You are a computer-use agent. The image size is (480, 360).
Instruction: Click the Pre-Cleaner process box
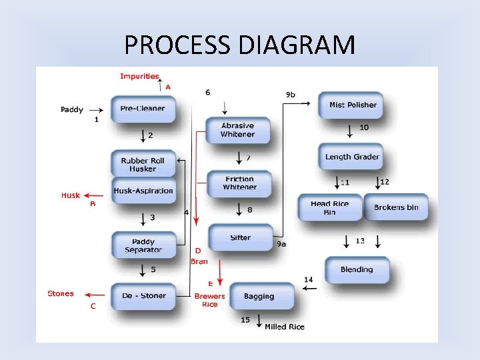(x=143, y=108)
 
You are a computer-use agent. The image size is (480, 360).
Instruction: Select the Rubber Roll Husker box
(x=143, y=165)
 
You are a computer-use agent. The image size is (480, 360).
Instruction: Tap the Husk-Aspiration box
(x=143, y=191)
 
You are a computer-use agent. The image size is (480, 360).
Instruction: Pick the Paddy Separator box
(x=143, y=245)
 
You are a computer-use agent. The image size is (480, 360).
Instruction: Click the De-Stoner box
(x=143, y=295)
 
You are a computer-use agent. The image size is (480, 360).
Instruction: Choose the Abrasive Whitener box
(x=238, y=130)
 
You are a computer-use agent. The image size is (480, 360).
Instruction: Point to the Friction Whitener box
(x=239, y=183)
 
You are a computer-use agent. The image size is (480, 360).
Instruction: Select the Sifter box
(x=240, y=238)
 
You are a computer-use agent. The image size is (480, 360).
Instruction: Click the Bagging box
(x=259, y=296)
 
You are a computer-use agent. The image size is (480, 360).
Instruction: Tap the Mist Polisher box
(x=352, y=105)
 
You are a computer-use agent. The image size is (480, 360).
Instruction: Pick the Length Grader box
(x=352, y=157)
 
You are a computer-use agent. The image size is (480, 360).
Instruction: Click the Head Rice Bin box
(x=329, y=208)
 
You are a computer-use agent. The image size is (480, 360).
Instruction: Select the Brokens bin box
(x=396, y=207)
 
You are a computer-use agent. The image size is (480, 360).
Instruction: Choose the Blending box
(x=357, y=269)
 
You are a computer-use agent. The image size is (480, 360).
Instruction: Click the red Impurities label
(x=139, y=76)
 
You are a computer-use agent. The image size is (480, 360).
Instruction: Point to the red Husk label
(x=71, y=195)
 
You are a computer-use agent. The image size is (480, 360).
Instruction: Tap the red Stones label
(x=61, y=293)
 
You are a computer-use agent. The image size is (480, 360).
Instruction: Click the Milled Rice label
(x=285, y=327)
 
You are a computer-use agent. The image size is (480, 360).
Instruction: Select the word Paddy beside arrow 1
(x=72, y=109)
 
